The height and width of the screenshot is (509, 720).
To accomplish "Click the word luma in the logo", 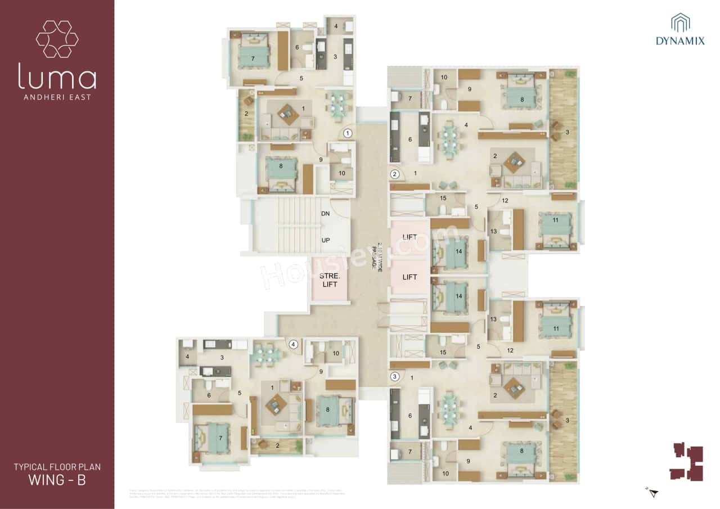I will point(57,76).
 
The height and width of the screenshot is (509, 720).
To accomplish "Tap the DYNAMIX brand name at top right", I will point(680,41).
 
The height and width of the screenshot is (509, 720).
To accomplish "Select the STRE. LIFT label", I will point(328,280).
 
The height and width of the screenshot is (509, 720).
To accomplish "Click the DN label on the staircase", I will point(325,214).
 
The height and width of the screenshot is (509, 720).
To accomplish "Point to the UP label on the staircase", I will point(325,240).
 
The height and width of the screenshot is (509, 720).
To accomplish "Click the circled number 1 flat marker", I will point(348,133).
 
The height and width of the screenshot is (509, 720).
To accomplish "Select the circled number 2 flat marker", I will point(395,174).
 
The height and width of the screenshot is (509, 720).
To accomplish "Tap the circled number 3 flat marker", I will point(395,376).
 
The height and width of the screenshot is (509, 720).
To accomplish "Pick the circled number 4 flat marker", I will point(292,345).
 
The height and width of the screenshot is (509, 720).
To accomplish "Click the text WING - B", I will point(57,480).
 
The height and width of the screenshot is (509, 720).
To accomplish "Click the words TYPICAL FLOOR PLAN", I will point(57,467).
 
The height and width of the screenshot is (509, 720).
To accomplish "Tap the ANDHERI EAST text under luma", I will point(57,97).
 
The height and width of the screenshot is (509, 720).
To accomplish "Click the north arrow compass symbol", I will point(652,493).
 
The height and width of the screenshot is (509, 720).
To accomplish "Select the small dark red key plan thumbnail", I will point(687,462).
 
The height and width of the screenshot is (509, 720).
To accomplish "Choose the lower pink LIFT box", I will point(409,277).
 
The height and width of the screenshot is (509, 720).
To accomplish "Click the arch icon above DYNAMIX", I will point(680,22).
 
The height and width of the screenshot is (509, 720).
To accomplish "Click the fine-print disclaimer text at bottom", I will point(236,494).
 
